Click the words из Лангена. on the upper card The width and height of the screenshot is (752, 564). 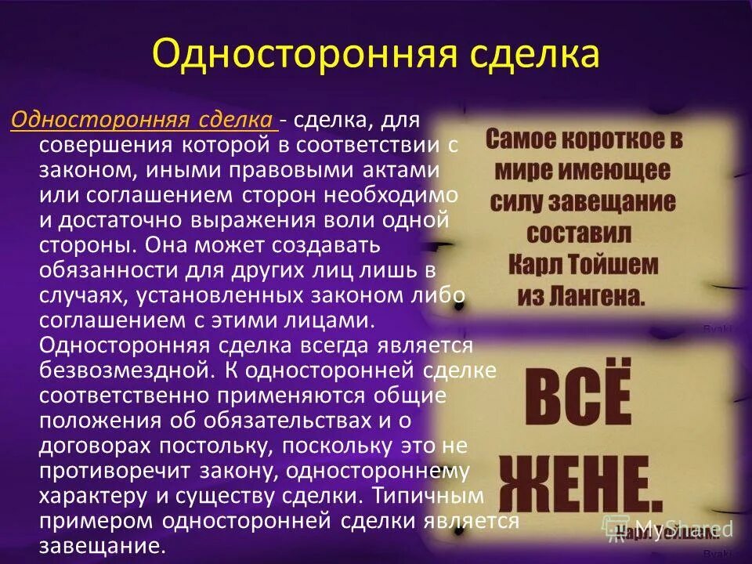581,295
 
